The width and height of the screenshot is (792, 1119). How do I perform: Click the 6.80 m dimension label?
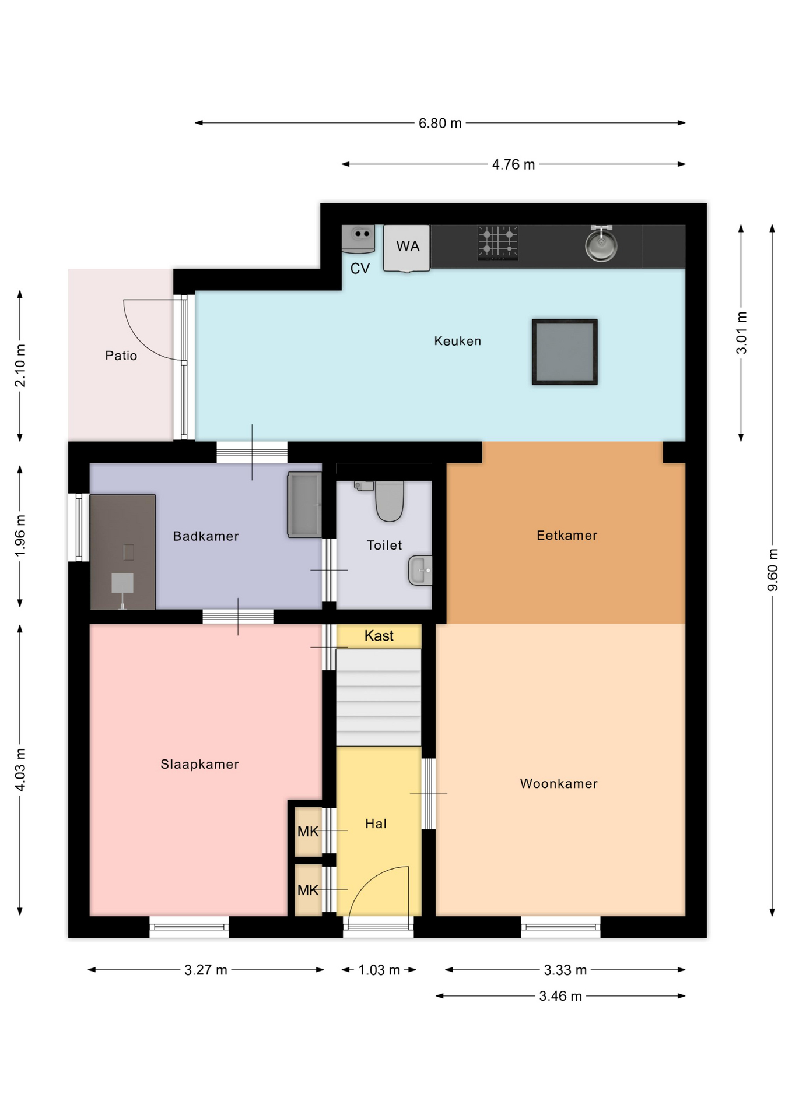[440, 123]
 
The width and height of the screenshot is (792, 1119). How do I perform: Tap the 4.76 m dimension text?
[513, 164]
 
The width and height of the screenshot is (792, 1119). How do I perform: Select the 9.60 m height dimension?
[772, 569]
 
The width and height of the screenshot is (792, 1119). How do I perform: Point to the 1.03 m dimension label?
[379, 970]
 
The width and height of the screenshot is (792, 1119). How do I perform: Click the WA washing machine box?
[406, 248]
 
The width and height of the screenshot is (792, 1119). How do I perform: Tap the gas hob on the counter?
[498, 242]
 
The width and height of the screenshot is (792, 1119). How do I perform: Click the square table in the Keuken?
[565, 351]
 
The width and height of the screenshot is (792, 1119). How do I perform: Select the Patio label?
[121, 356]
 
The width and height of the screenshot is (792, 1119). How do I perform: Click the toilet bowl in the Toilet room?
[390, 501]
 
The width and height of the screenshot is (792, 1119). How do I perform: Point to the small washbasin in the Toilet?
[420, 570]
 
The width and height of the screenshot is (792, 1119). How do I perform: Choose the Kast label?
[379, 636]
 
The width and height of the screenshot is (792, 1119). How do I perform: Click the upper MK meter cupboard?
[308, 831]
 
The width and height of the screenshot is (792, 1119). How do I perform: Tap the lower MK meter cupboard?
[308, 890]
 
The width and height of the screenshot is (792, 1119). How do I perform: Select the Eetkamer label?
[567, 536]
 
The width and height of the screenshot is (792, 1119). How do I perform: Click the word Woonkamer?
[559, 784]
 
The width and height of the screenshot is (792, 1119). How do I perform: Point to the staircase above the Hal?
[379, 697]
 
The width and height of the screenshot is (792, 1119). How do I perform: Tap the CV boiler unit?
[358, 239]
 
